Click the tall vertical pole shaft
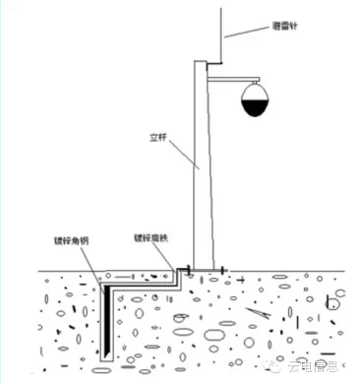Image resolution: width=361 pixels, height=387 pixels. [x=203, y=167]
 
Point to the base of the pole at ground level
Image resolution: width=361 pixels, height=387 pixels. [x=205, y=266]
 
